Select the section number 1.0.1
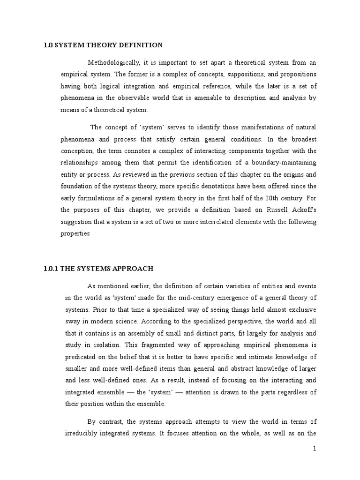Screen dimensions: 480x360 tap(49, 269)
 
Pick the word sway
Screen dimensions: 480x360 tap(72, 322)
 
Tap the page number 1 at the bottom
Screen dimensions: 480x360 tap(315, 449)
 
